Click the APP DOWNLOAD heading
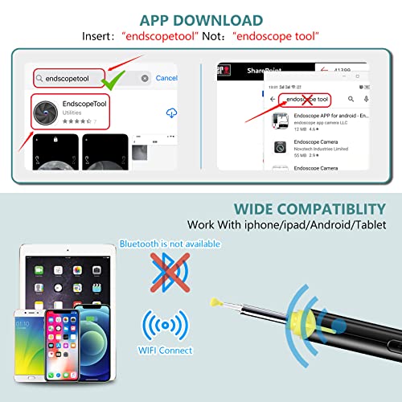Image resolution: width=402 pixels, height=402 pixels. (200, 19)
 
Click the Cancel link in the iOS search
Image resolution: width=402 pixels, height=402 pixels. (166, 78)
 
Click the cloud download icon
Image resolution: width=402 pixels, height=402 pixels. (170, 113)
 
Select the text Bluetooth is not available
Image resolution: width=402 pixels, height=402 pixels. (170, 244)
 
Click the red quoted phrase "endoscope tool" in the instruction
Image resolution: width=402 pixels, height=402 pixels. (276, 37)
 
